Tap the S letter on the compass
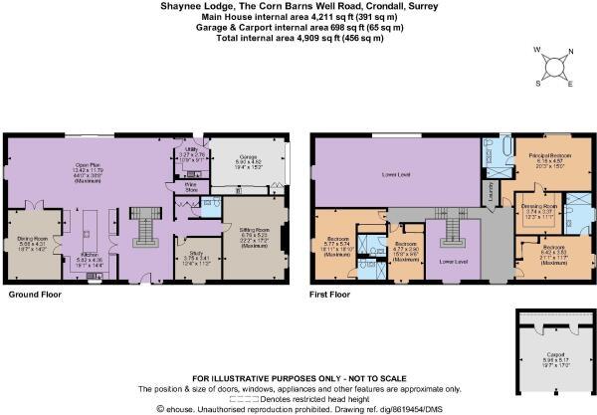pos(539,83)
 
